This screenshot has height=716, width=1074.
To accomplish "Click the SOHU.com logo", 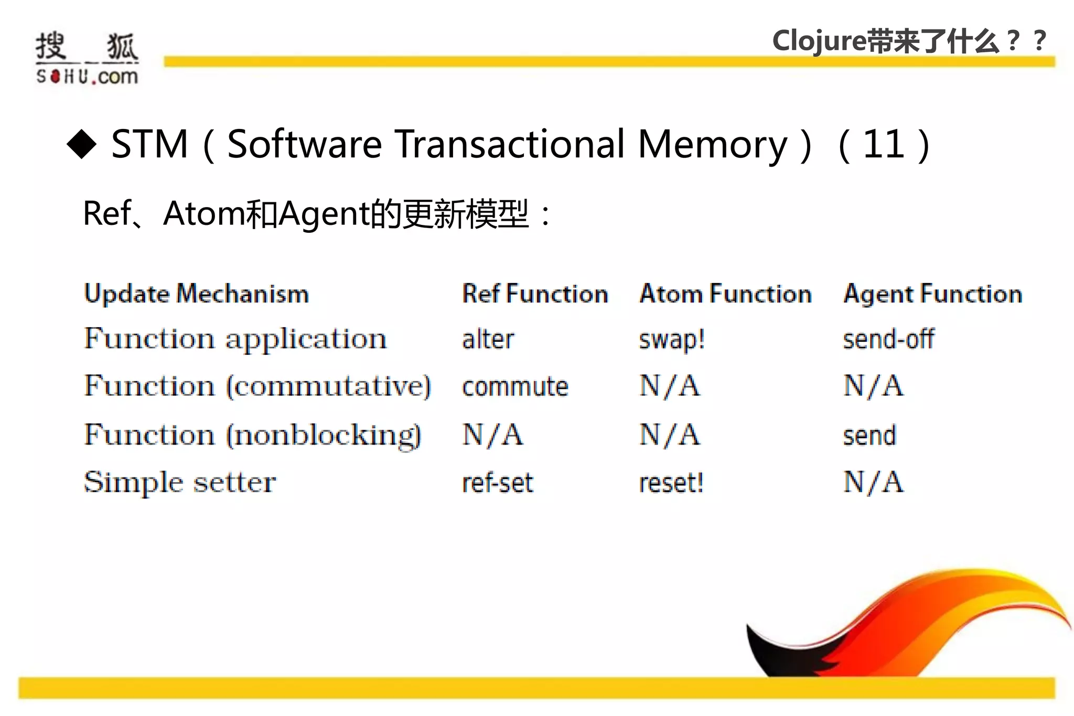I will [87, 58].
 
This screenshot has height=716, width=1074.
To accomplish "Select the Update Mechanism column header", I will [197, 294].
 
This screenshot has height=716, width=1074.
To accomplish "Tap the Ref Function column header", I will [534, 294].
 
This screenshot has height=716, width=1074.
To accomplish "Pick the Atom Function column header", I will [725, 294].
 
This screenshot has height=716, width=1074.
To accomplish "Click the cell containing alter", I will [488, 339].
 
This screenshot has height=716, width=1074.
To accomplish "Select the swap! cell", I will [671, 340].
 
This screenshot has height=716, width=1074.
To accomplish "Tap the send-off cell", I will [888, 339].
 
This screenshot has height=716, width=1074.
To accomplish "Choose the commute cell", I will [515, 387].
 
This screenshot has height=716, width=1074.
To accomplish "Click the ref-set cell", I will [497, 482].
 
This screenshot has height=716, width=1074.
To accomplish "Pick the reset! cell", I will [671, 482].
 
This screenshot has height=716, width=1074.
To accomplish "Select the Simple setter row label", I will [180, 482].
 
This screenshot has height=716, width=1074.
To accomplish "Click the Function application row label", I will [235, 339].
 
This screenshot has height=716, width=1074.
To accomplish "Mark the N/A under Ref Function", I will [492, 435].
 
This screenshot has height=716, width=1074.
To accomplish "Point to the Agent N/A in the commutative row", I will [873, 386].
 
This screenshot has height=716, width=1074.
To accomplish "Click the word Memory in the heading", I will [713, 144].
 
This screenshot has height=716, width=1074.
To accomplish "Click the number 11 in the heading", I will [884, 144].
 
